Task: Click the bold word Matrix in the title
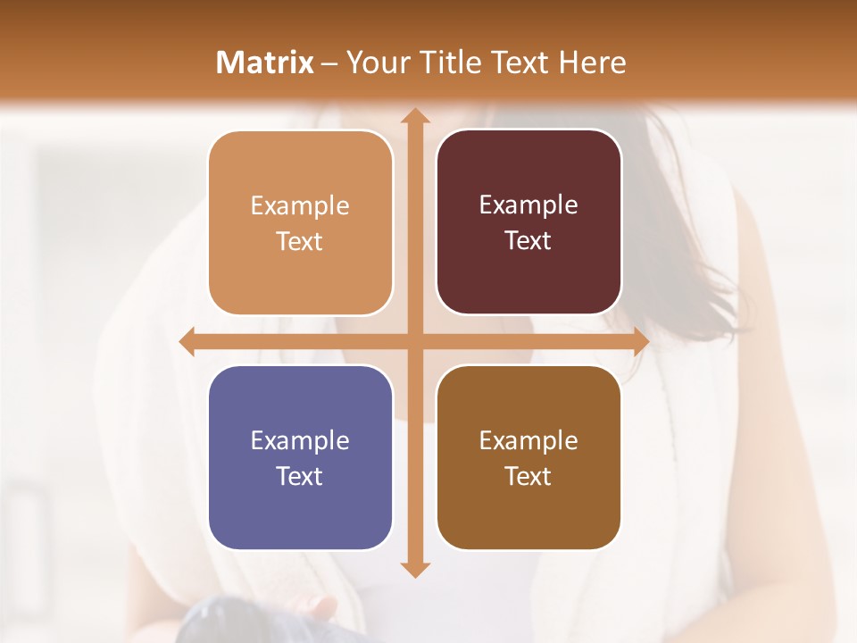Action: pos(265,63)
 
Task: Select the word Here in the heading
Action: pos(593,63)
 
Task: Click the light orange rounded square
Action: pos(300,223)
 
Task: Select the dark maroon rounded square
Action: pos(528,222)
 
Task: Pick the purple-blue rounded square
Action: pos(300,458)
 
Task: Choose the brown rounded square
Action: pos(528,457)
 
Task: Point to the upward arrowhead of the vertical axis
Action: pos(413,115)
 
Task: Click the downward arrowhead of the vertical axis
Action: pos(413,570)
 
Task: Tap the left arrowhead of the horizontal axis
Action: pos(187,342)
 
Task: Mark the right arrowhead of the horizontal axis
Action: pos(640,342)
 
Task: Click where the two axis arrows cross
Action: pos(413,342)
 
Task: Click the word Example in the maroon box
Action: pos(528,205)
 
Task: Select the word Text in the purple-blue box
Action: pos(300,476)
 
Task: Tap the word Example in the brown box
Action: pos(528,440)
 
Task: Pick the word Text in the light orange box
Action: pos(300,241)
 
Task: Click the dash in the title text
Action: pos(329,63)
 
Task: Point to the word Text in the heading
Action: pos(520,63)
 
